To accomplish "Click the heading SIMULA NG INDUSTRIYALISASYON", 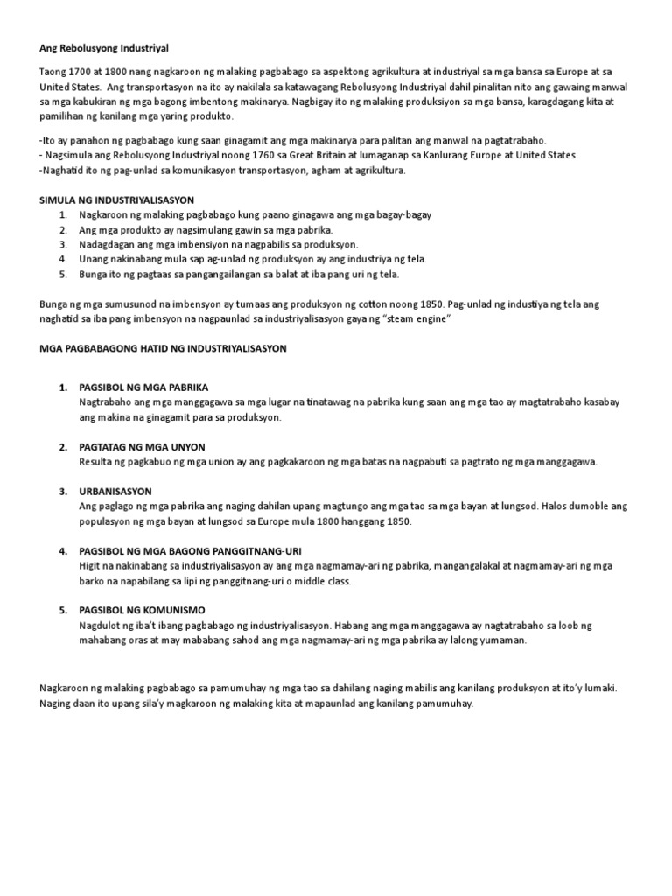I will coord(117,199).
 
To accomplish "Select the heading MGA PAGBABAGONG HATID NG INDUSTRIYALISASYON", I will coord(164,348).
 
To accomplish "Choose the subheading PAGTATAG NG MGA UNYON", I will coord(142,447).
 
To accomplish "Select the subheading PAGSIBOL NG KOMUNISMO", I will coord(141,611).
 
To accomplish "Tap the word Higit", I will coord(90,566).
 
